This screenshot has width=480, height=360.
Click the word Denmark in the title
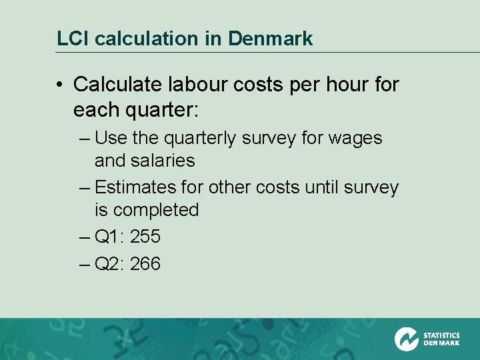pos(270,39)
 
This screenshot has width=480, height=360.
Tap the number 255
pos(145,237)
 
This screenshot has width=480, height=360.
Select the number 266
pos(145,264)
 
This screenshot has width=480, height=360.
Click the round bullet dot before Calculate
pos(60,85)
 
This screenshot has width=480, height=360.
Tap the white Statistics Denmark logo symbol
pos(406,339)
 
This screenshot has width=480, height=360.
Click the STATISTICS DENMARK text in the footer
pos(441,339)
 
